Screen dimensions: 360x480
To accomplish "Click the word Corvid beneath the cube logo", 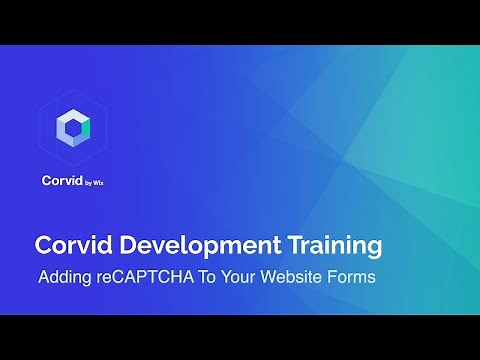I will (61, 182).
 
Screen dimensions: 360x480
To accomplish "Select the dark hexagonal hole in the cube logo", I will (73, 126).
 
